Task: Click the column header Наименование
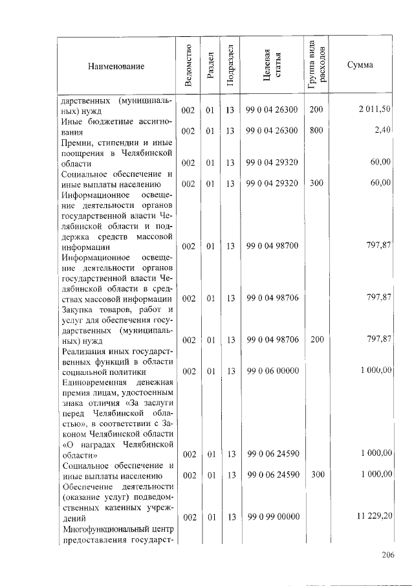117,66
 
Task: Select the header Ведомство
188,65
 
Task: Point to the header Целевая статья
272,65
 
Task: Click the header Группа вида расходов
316,65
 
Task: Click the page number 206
387,554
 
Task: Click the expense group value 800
316,130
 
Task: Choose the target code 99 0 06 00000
272,370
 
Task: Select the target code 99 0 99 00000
272,517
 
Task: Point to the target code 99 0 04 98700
272,246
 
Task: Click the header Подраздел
230,65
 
